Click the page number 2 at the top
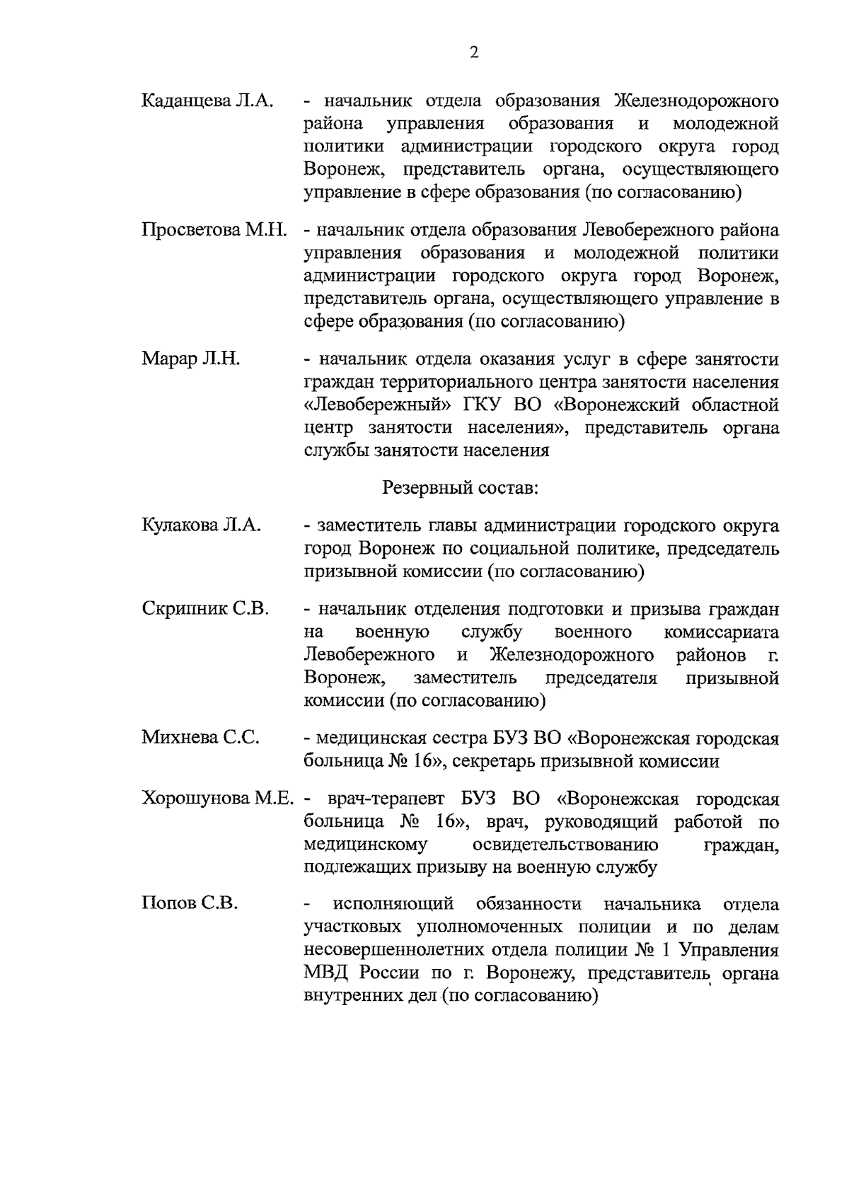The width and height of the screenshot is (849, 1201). pos(474,52)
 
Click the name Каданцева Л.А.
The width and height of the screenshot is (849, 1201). pos(207,100)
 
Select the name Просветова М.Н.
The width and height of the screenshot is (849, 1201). pos(214,231)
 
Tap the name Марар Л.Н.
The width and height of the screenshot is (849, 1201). pos(191,359)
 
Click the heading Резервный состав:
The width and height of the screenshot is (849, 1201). pos(460,487)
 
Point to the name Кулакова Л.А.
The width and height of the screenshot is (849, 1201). pos(202,526)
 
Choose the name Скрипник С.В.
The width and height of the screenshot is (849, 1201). pos(205,609)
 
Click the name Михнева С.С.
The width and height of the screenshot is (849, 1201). pos(200,738)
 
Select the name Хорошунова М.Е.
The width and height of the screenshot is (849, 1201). pos(217,799)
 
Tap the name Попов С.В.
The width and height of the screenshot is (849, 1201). pos(190,904)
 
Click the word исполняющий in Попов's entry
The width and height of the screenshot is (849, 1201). pos(393,904)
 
